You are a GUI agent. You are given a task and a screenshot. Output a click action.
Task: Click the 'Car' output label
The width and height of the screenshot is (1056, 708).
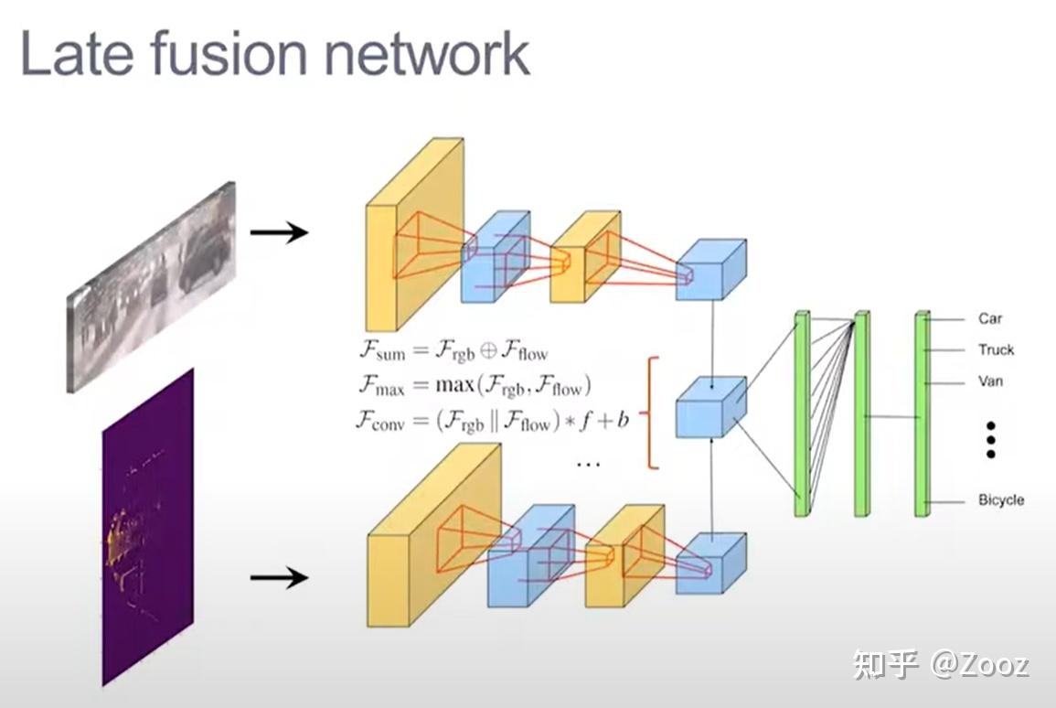click(989, 318)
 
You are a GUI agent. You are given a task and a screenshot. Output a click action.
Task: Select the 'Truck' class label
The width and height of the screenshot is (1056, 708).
click(996, 349)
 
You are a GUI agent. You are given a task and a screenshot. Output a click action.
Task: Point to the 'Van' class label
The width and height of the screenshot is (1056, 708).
click(990, 381)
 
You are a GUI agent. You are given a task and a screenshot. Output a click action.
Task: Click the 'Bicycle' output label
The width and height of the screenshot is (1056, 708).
click(1001, 500)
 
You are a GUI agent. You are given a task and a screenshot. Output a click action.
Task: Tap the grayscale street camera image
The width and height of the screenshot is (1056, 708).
click(151, 285)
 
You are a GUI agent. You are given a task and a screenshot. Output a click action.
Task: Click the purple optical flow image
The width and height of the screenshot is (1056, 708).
click(147, 526)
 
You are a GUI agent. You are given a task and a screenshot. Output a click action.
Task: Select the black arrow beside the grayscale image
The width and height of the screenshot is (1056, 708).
click(279, 232)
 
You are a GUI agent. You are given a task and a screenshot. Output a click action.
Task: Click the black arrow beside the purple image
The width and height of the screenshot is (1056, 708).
click(279, 577)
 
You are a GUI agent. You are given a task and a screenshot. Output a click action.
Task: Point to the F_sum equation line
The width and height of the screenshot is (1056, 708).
click(453, 350)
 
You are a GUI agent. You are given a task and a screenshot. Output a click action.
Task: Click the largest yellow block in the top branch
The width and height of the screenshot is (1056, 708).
click(414, 235)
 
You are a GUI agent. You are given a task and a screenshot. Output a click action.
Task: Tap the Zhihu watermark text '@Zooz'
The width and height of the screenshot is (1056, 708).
click(980, 664)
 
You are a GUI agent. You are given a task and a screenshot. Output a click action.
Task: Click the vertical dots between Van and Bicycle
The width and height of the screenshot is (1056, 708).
click(990, 440)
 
